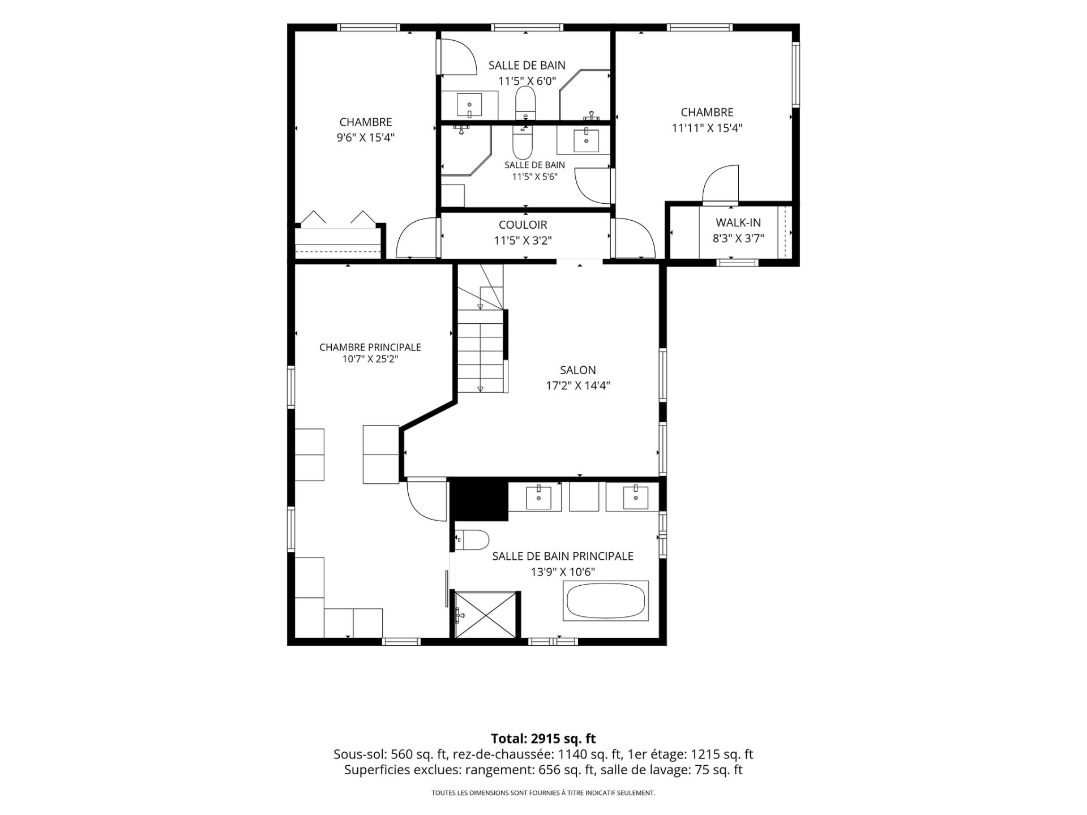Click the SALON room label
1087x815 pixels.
[x=577, y=370]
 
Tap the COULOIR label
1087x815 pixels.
[x=523, y=225]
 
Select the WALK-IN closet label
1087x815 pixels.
[x=738, y=223]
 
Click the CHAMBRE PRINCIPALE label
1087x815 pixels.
[x=370, y=347]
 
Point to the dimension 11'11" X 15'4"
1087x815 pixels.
[x=707, y=128]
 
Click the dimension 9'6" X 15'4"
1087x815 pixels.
[x=366, y=138]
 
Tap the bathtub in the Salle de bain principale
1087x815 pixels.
[x=606, y=600]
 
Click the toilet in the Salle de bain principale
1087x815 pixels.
[x=472, y=540]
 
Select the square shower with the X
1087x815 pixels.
[x=486, y=615]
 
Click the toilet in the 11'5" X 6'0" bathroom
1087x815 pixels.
[x=525, y=102]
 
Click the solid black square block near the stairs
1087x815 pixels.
[x=481, y=499]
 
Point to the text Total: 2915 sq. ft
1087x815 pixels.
[x=543, y=739]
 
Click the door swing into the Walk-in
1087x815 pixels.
[x=721, y=183]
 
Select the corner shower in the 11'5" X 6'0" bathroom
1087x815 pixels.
[x=585, y=95]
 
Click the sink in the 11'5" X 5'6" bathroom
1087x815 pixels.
[x=586, y=140]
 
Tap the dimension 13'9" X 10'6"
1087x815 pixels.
[x=563, y=572]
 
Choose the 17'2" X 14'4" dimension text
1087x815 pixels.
[x=578, y=386]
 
